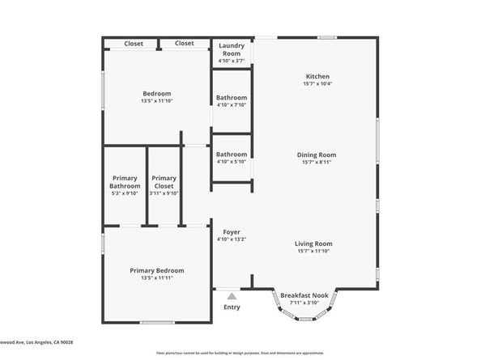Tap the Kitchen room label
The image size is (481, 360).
[317, 76]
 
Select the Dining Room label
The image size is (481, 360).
[317, 155]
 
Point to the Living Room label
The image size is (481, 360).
[313, 244]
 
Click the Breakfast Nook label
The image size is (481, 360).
[304, 296]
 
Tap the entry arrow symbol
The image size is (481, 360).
[232, 296]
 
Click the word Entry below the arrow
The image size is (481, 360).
[232, 307]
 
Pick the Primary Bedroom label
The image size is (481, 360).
[157, 270]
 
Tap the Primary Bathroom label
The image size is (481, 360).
[125, 182]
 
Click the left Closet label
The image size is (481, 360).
[134, 44]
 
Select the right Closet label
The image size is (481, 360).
[184, 44]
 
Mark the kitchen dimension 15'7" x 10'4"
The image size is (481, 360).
[317, 84]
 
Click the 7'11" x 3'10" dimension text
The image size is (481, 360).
[304, 304]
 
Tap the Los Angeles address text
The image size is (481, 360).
[36, 342]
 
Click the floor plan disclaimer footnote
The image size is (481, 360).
[240, 354]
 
